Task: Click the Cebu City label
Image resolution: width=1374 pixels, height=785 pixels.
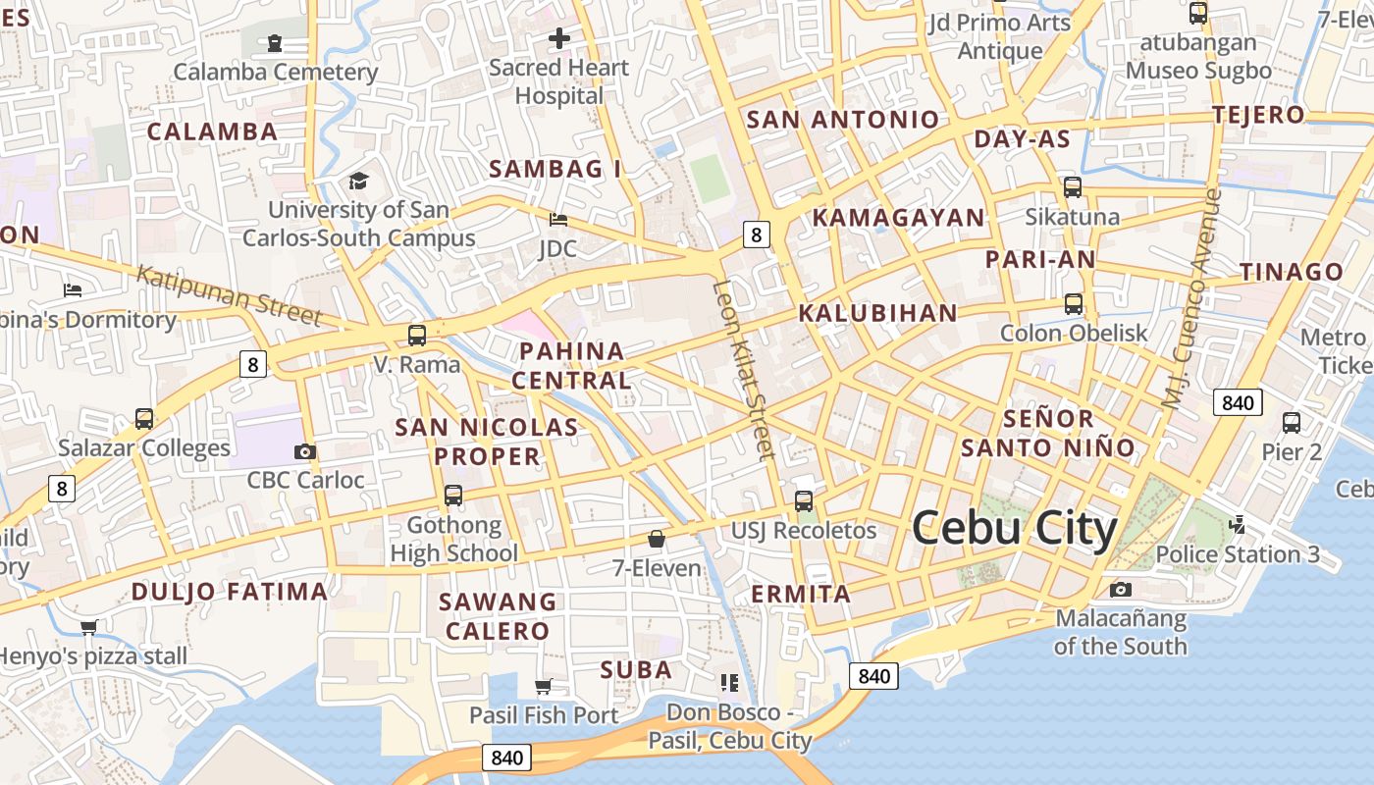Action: (1015, 530)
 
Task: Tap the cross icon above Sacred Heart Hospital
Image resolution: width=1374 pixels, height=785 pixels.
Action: (559, 39)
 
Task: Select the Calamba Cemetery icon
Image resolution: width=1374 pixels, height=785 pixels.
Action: (275, 43)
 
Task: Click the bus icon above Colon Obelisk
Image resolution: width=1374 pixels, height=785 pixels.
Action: (1074, 304)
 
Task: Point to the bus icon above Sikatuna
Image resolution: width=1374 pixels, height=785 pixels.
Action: (1073, 186)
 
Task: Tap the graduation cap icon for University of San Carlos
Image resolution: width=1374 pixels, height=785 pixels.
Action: (358, 181)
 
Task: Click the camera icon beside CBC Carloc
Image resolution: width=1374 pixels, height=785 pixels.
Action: (305, 451)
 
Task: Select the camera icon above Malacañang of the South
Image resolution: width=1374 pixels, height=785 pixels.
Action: (1120, 589)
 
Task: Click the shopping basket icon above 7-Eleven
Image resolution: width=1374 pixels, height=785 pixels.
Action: (657, 539)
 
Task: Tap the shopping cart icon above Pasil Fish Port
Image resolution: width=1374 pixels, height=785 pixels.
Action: (543, 686)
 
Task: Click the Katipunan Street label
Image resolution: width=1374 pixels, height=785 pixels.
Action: (229, 294)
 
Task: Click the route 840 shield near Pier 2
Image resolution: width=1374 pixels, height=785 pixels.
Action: (1238, 402)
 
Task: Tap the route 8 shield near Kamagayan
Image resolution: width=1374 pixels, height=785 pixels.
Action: (755, 234)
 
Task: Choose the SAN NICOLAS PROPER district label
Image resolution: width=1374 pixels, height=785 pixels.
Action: (487, 442)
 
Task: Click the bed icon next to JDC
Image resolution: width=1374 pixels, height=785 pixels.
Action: (558, 219)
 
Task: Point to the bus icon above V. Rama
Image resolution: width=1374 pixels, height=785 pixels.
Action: (417, 336)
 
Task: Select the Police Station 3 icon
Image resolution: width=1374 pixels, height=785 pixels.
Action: (1238, 525)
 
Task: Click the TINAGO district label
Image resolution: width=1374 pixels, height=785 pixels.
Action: (1291, 272)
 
